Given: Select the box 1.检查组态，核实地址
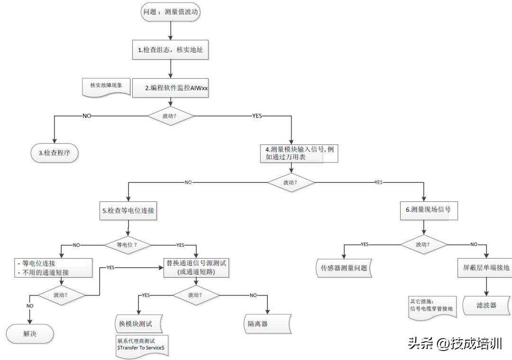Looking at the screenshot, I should (x=170, y=50).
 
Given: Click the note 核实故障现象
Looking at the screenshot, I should (x=106, y=86).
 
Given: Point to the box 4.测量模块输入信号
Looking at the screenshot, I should (x=300, y=154).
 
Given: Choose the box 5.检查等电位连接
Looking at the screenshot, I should (x=128, y=211).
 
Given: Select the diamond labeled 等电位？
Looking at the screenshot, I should (x=127, y=245).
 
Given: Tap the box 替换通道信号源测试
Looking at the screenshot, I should (x=196, y=268).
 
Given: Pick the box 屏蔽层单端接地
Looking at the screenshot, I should (x=486, y=268).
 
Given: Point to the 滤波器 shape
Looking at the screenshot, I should (x=486, y=305).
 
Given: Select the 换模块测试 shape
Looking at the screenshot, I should (x=138, y=324).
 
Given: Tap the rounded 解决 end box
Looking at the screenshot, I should (x=30, y=333).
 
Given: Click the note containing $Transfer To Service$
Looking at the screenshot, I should (x=141, y=344).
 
